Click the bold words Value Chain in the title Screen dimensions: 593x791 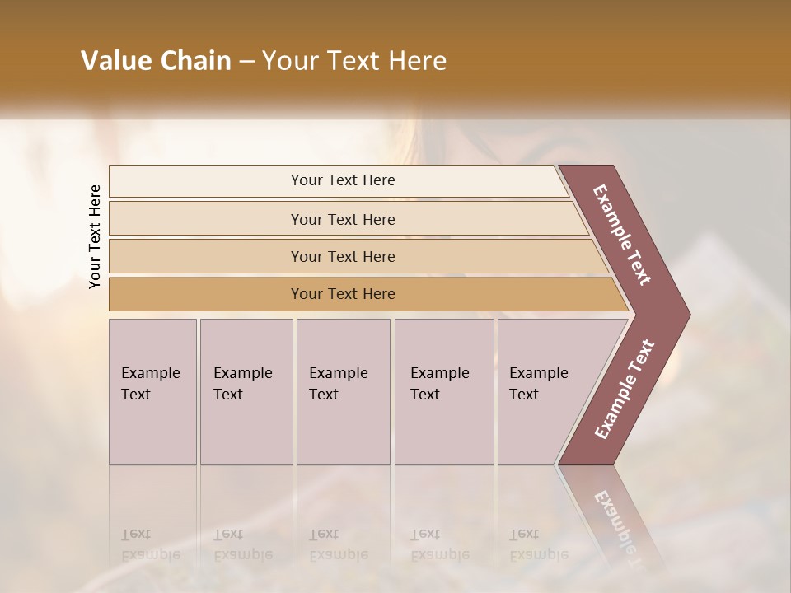tap(156, 61)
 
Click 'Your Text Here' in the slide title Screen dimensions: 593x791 tap(354, 61)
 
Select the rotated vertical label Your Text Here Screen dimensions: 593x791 tap(95, 236)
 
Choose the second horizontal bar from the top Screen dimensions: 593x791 tap(343, 219)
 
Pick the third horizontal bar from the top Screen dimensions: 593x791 tap(343, 256)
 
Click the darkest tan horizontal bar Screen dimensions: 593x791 tap(343, 294)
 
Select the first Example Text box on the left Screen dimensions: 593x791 tap(152, 391)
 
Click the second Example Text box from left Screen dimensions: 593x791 tap(246, 391)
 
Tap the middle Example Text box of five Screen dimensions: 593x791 tap(343, 391)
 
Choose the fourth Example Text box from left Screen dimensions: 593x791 tap(444, 391)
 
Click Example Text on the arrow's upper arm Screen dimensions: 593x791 tap(622, 235)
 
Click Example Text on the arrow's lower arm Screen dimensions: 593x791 tap(625, 390)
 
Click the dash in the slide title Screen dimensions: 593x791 tap(246, 61)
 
